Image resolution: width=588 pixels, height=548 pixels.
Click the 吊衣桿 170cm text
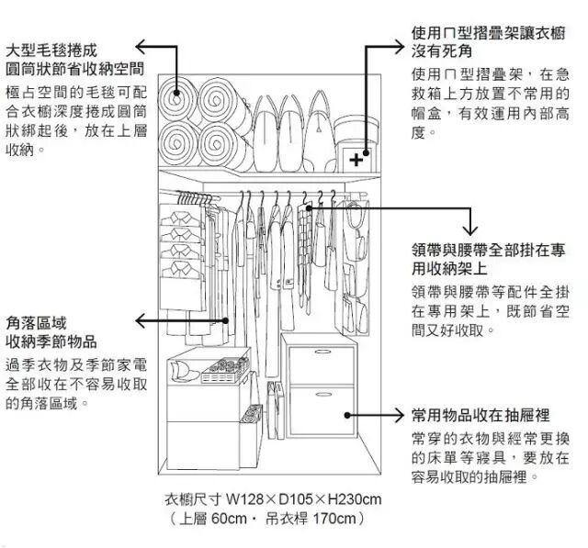(312, 520)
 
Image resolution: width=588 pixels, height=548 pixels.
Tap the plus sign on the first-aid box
(356, 159)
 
